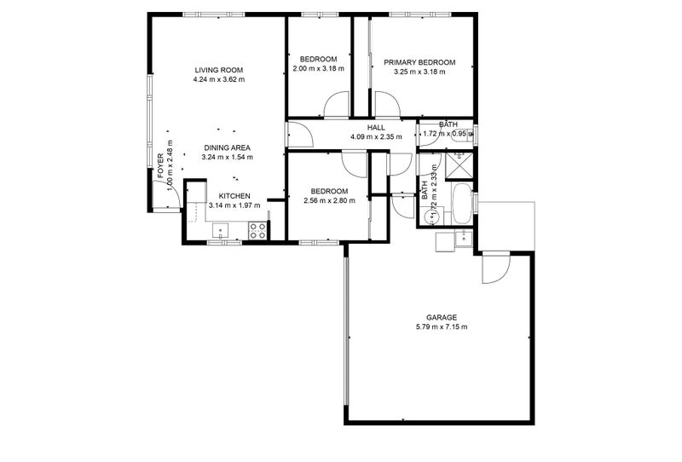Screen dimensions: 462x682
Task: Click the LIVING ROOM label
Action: [219, 70]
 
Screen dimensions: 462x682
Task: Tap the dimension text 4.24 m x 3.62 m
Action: [219, 80]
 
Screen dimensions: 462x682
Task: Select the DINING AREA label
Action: [226, 147]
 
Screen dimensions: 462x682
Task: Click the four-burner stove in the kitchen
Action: [257, 230]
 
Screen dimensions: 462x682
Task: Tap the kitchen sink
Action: [219, 229]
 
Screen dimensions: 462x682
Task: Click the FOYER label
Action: [160, 164]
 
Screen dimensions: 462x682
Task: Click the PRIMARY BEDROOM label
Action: [419, 62]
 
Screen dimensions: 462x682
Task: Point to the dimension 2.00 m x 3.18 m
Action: [318, 68]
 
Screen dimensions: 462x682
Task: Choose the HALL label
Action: [376, 127]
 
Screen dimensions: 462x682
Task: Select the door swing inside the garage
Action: [494, 270]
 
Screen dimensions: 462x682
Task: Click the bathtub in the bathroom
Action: [460, 203]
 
